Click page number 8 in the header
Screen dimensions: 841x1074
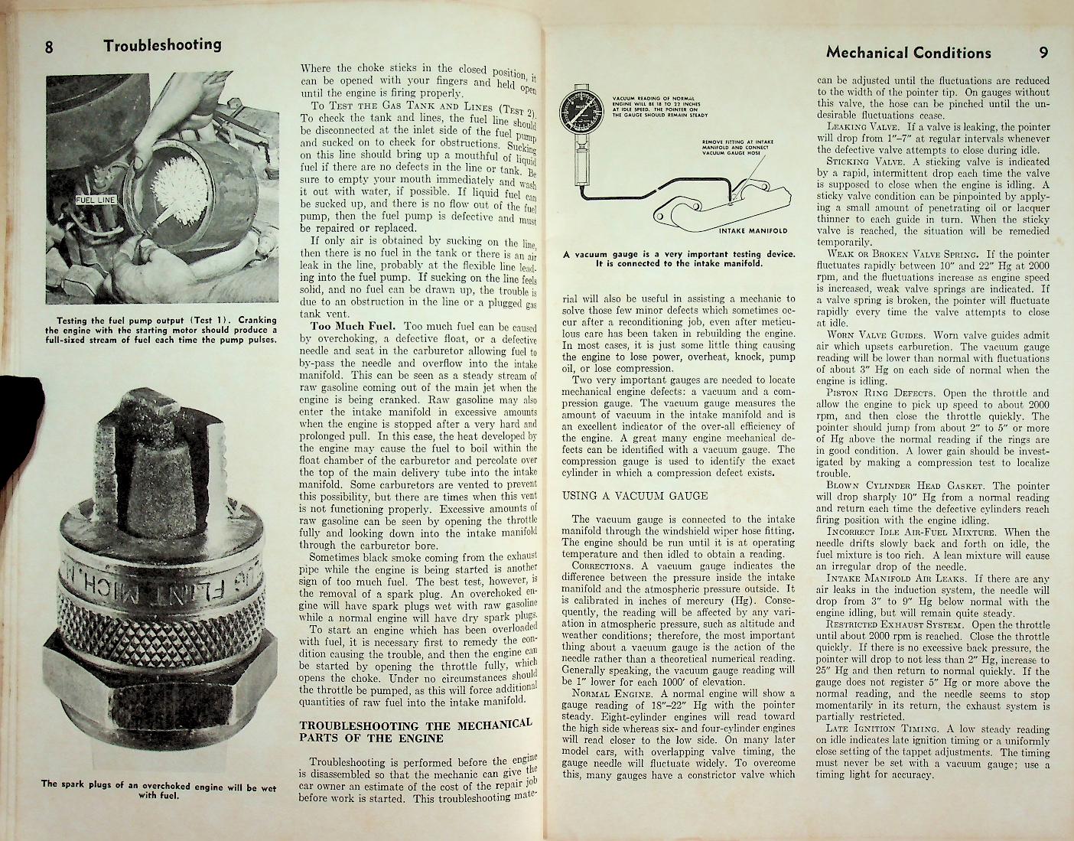point(48,46)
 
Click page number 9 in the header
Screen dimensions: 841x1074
point(1043,53)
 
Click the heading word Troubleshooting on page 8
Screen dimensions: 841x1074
point(162,44)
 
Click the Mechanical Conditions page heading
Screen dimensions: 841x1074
point(908,53)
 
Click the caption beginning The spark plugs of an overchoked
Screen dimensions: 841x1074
point(158,788)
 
